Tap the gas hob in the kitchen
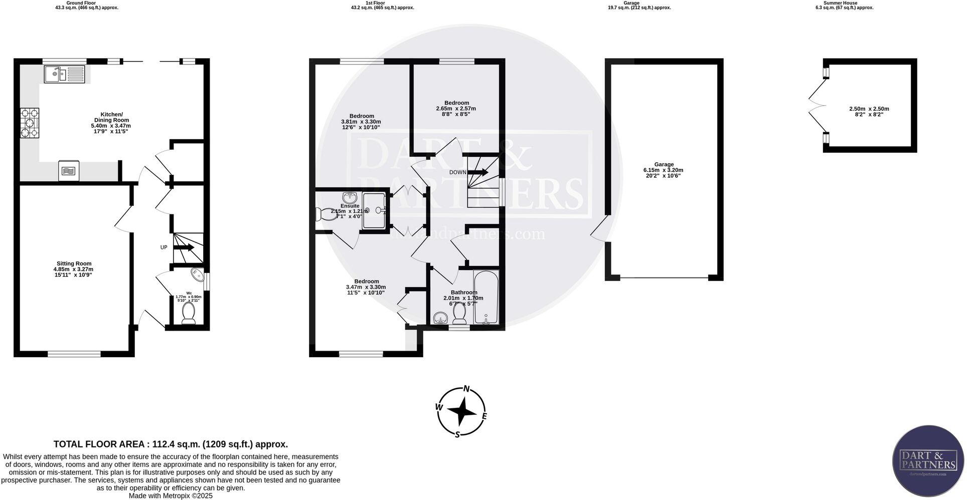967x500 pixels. pyautogui.click(x=29, y=123)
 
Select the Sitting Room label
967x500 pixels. pyautogui.click(x=74, y=264)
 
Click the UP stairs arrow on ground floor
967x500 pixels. pyautogui.click(x=184, y=247)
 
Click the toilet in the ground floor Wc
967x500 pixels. pyautogui.click(x=189, y=312)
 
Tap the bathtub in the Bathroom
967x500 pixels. pyautogui.click(x=486, y=298)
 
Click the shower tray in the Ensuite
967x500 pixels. pyautogui.click(x=375, y=210)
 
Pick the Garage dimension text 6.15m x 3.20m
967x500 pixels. pyautogui.click(x=663, y=170)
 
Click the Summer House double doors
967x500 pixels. pyautogui.click(x=815, y=106)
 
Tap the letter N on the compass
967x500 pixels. pyautogui.click(x=466, y=389)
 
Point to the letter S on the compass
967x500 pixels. pyautogui.click(x=457, y=434)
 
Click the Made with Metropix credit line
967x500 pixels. pyautogui.click(x=171, y=495)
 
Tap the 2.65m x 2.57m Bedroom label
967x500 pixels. pyautogui.click(x=456, y=108)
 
